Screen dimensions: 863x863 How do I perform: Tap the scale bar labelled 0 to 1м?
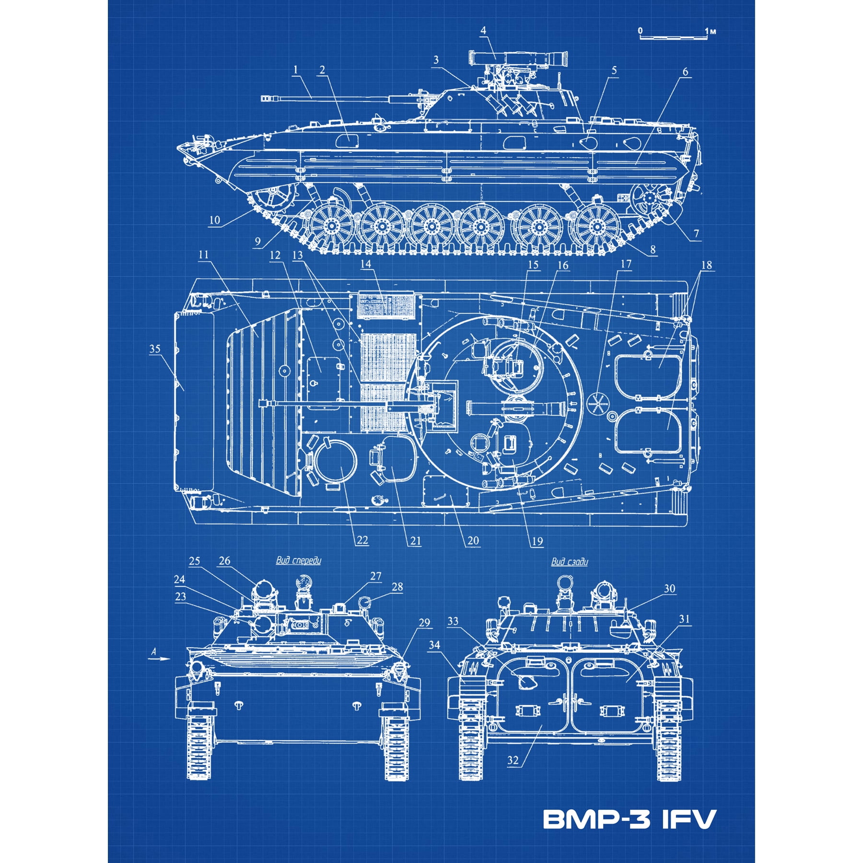point(673,36)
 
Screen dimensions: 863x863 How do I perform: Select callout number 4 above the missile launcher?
point(483,30)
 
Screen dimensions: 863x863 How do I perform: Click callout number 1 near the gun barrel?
point(295,70)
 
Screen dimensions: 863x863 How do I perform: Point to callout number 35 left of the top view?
point(154,349)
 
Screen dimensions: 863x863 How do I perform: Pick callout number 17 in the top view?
point(626,264)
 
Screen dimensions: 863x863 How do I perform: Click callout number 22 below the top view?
point(362,540)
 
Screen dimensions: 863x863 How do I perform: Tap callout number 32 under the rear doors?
point(513,760)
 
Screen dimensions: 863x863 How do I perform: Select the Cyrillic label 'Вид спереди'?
point(298,560)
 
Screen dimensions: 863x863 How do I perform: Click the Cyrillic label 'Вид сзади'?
point(569,561)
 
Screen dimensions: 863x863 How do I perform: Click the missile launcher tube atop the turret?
point(518,58)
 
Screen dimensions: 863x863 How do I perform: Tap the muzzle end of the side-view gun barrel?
point(265,98)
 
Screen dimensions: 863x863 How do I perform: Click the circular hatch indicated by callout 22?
point(336,462)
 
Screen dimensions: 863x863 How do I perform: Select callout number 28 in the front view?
point(397,587)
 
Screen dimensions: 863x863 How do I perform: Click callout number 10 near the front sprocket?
point(214,220)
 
